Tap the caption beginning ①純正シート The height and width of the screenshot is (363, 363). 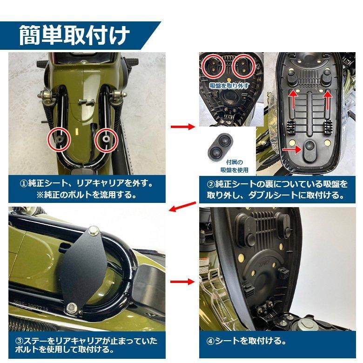87,188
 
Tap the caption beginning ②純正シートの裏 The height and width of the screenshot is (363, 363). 277,189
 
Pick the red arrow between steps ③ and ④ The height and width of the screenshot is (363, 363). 183,282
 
